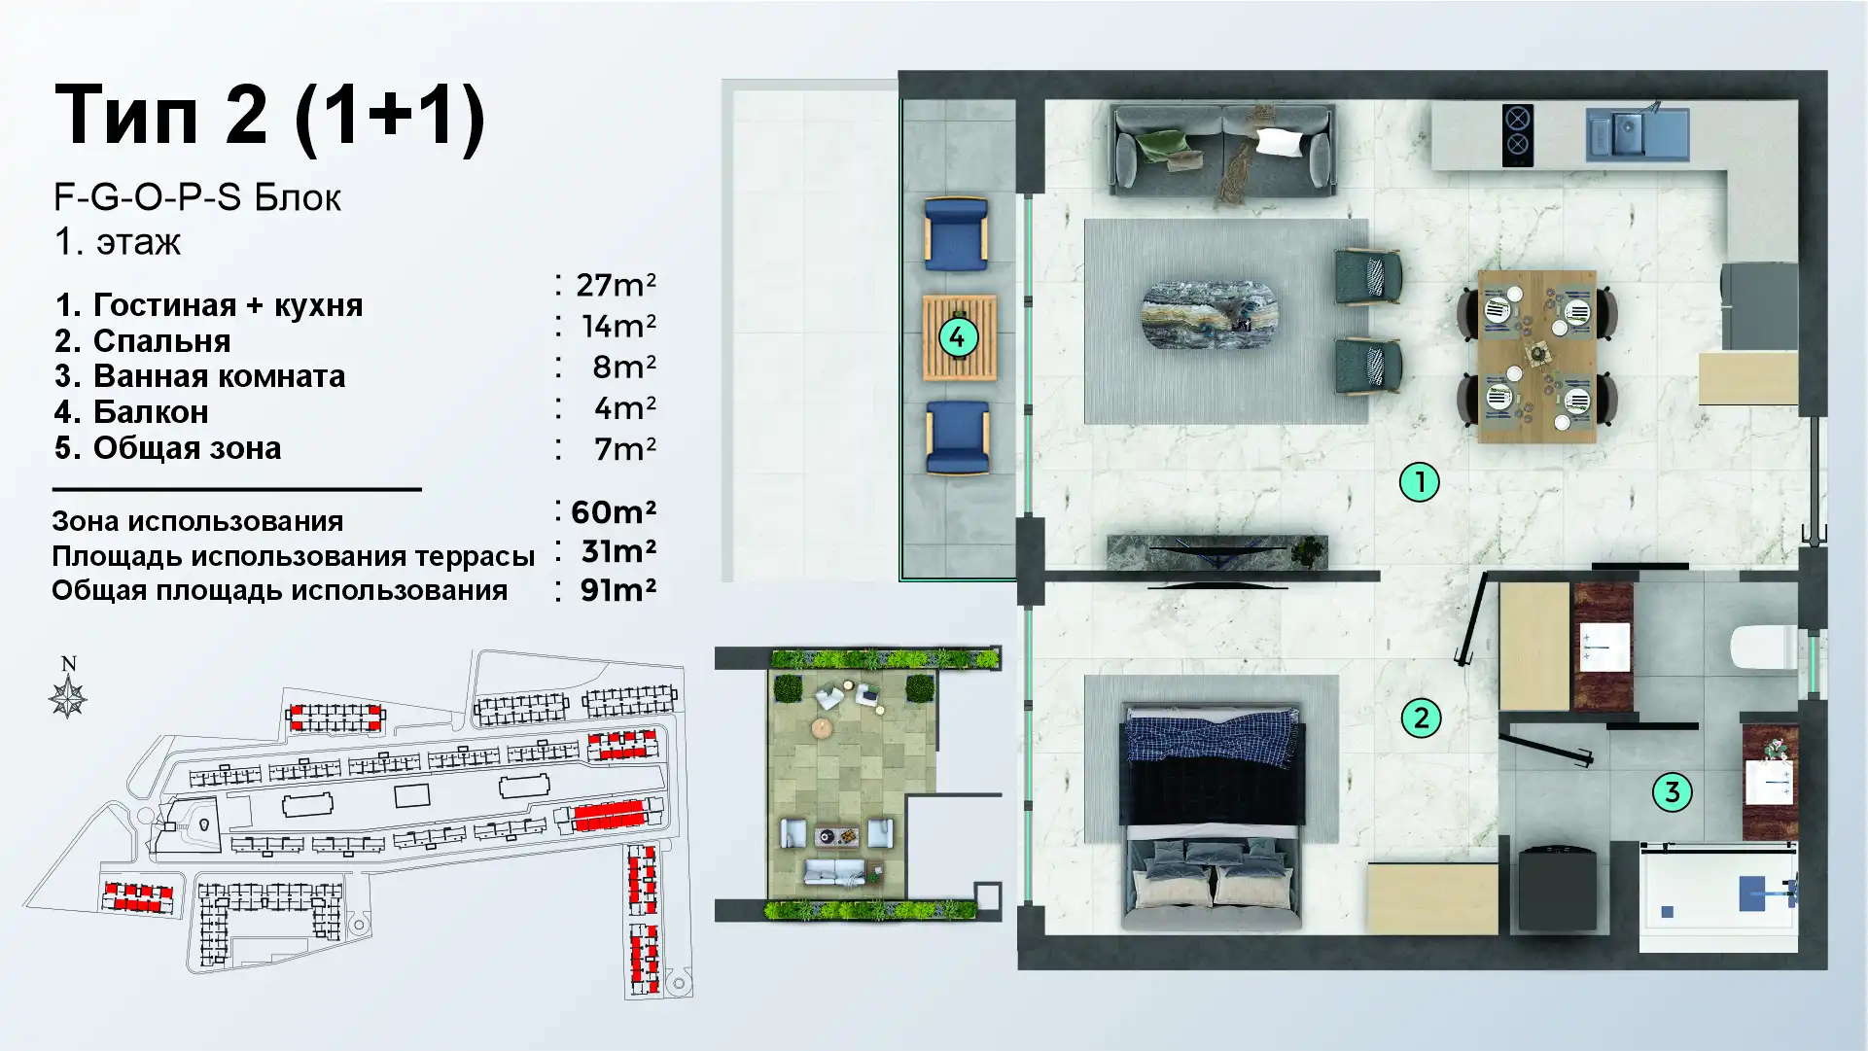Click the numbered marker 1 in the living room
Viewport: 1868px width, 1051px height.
point(1419,481)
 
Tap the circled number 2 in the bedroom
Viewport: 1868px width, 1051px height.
point(1421,718)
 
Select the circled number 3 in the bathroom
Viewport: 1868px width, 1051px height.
point(1673,792)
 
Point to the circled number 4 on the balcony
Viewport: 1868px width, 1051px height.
point(958,338)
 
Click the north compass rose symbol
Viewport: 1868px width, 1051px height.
point(68,698)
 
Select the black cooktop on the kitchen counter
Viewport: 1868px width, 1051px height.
point(1517,135)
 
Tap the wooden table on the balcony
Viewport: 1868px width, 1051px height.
point(960,338)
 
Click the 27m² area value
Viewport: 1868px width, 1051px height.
point(616,285)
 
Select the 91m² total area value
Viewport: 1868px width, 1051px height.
point(618,589)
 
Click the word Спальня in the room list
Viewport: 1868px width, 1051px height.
point(161,341)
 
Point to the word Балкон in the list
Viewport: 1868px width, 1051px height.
point(151,412)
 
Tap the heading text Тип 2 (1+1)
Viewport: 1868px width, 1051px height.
point(269,116)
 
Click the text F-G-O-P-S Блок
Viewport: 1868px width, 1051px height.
point(197,197)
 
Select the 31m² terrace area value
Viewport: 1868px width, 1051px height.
point(618,551)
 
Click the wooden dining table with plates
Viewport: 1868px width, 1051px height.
point(1537,357)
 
